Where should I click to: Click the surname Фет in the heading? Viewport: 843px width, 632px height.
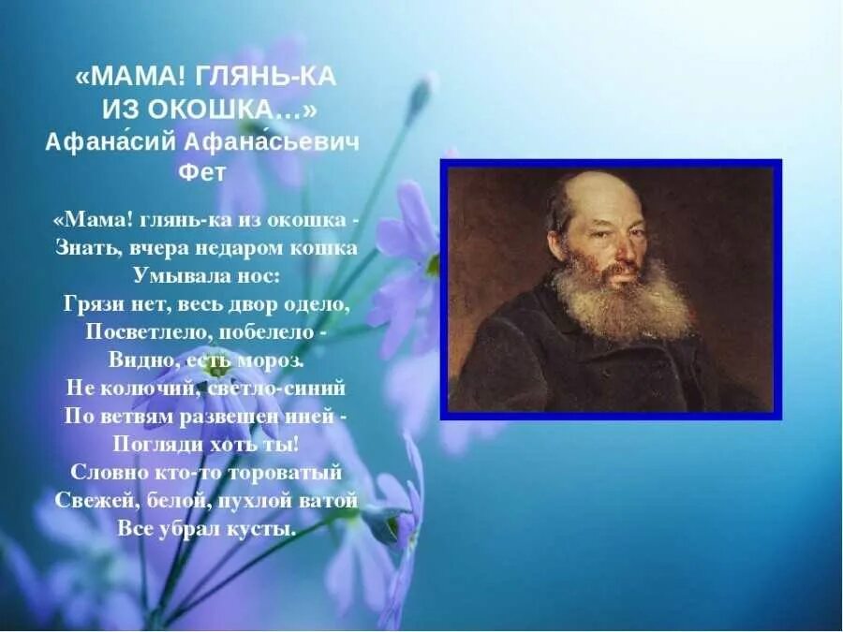[x=201, y=172]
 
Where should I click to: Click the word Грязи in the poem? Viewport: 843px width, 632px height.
[x=92, y=304]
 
